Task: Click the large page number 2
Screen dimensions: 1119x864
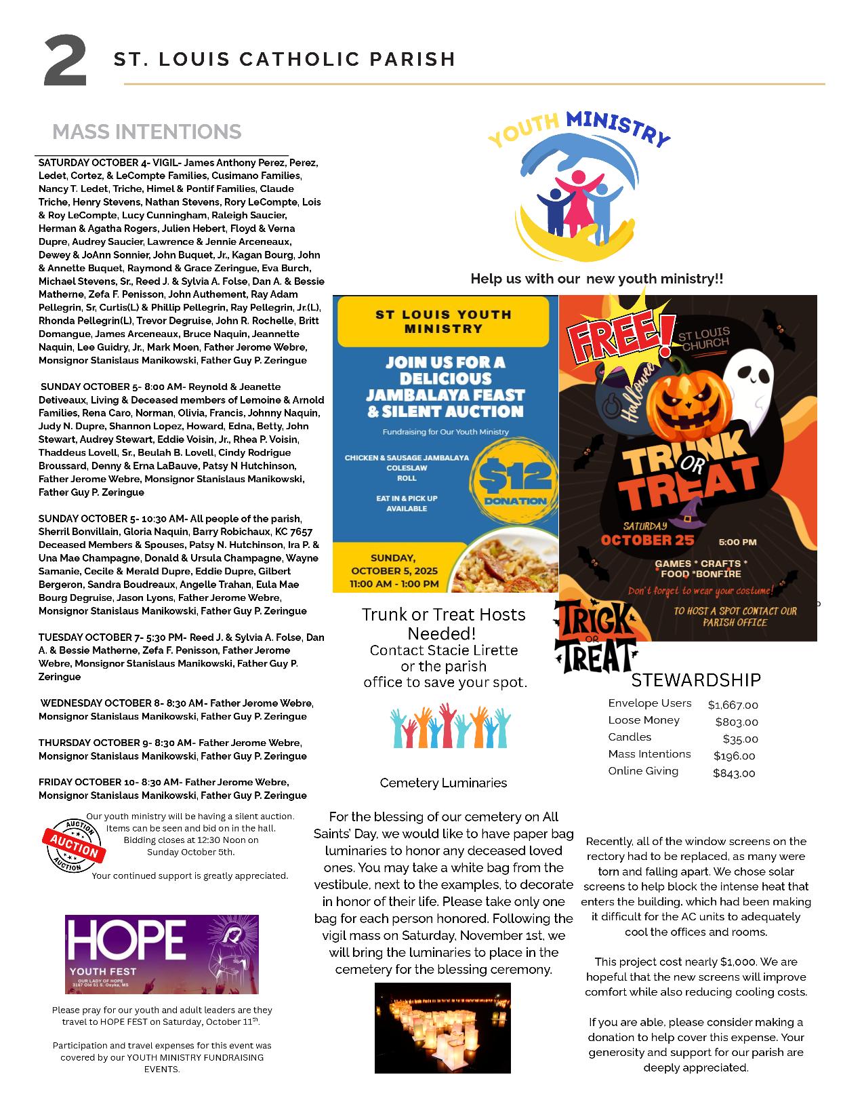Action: (x=66, y=62)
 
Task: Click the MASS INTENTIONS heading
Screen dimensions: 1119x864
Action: (x=146, y=132)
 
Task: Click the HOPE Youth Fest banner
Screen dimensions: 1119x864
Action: (x=161, y=954)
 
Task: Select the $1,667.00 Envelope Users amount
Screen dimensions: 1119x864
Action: (x=733, y=705)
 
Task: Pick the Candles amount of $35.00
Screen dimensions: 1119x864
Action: (x=740, y=739)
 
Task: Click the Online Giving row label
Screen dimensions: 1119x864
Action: (x=642, y=771)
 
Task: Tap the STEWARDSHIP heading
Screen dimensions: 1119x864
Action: (x=696, y=680)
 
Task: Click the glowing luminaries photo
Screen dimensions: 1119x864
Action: (x=443, y=1028)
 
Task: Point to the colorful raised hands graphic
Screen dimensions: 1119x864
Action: (x=451, y=726)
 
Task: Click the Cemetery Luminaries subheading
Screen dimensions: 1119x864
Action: (x=443, y=783)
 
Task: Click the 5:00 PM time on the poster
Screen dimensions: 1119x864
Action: (x=737, y=542)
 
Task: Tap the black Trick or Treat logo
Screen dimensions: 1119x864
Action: (x=594, y=637)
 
